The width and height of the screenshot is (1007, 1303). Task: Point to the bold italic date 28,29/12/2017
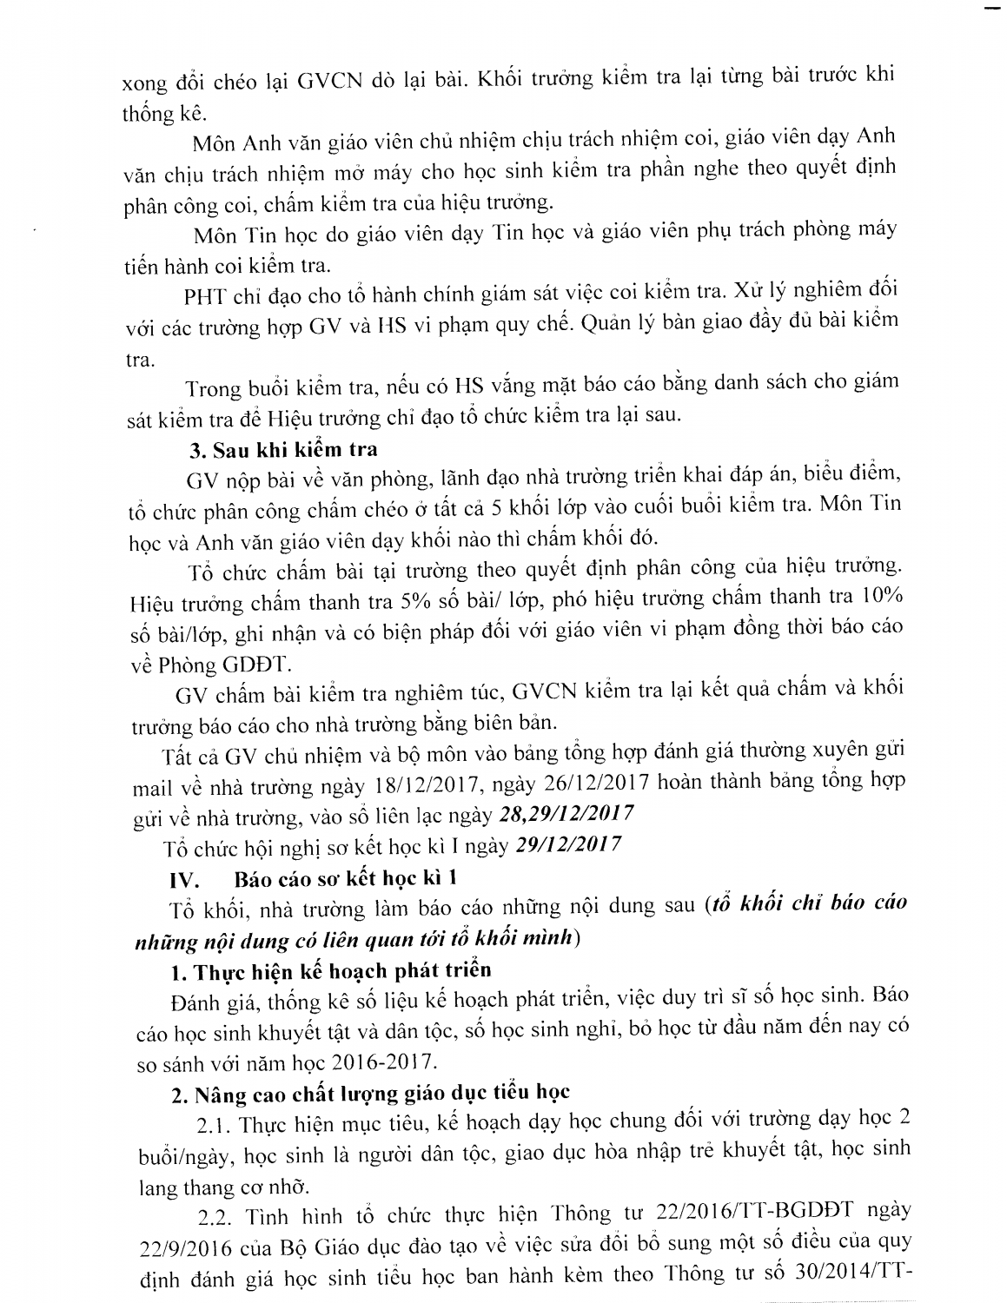click(565, 815)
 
